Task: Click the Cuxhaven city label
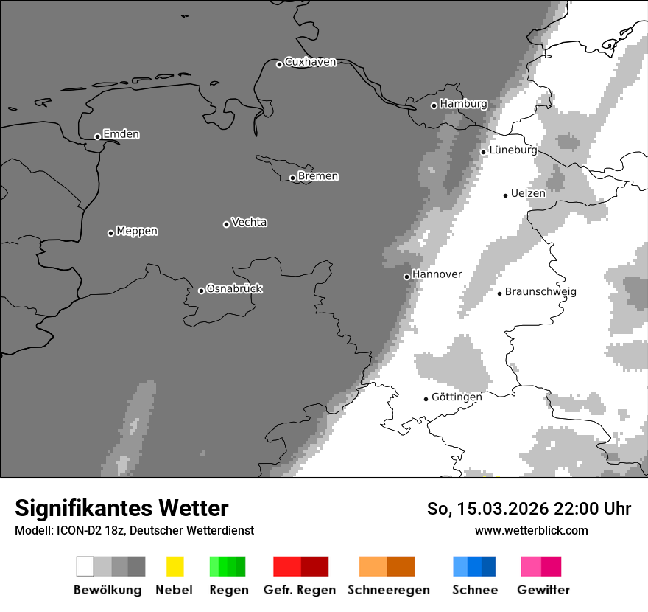tap(310, 63)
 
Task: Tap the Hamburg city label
tap(463, 105)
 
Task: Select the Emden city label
tap(121, 134)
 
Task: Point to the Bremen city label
tap(318, 176)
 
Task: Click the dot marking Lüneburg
tap(483, 152)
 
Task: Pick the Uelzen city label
tap(528, 194)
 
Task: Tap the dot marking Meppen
tap(110, 233)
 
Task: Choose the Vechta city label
tap(249, 223)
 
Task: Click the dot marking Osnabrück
tap(201, 291)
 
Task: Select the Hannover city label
tap(437, 274)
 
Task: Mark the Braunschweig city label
tap(540, 292)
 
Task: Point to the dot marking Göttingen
tap(426, 399)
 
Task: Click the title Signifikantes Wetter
tap(121, 509)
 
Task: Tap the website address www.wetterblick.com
tap(531, 530)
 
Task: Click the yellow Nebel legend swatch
tap(175, 566)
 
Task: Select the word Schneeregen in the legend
tap(388, 590)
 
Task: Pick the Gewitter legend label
tap(543, 590)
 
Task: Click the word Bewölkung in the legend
tap(108, 590)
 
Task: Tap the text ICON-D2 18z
tap(83, 530)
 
